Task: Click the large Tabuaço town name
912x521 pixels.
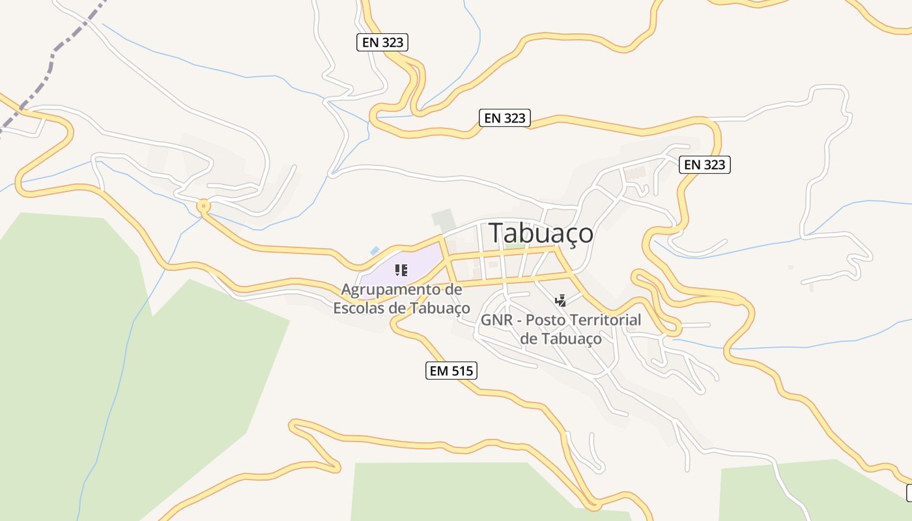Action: click(541, 233)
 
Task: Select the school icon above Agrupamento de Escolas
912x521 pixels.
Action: click(401, 270)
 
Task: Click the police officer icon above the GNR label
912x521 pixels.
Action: click(560, 301)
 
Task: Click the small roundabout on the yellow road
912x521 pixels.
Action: click(204, 207)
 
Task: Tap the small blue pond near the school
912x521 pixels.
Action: click(375, 251)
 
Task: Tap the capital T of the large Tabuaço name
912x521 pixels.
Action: click(497, 233)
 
